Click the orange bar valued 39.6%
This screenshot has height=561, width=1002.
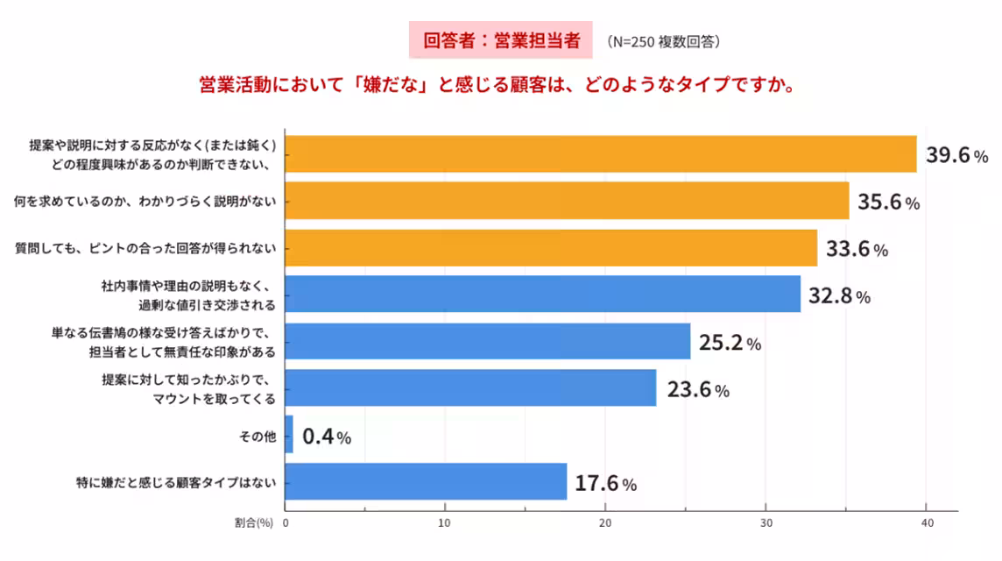[600, 154]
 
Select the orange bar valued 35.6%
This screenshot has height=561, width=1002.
[567, 201]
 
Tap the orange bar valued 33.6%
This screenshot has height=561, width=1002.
[551, 248]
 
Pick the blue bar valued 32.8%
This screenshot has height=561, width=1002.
[542, 295]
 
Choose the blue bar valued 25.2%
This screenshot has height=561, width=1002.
[487, 341]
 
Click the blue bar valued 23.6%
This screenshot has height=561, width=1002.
[470, 387]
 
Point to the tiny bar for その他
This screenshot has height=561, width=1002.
[289, 435]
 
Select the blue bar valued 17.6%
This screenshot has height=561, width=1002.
[426, 481]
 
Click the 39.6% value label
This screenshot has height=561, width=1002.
[957, 156]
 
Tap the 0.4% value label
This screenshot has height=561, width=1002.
[327, 436]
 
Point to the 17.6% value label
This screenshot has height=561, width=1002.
[605, 482]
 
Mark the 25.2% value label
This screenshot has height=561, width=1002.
[730, 343]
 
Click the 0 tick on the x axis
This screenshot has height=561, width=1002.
[285, 523]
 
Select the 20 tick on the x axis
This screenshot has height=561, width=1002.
[605, 523]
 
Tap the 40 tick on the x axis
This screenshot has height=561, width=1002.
[927, 523]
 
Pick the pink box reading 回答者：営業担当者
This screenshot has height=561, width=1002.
[501, 40]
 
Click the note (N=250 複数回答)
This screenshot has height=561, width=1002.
[663, 41]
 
